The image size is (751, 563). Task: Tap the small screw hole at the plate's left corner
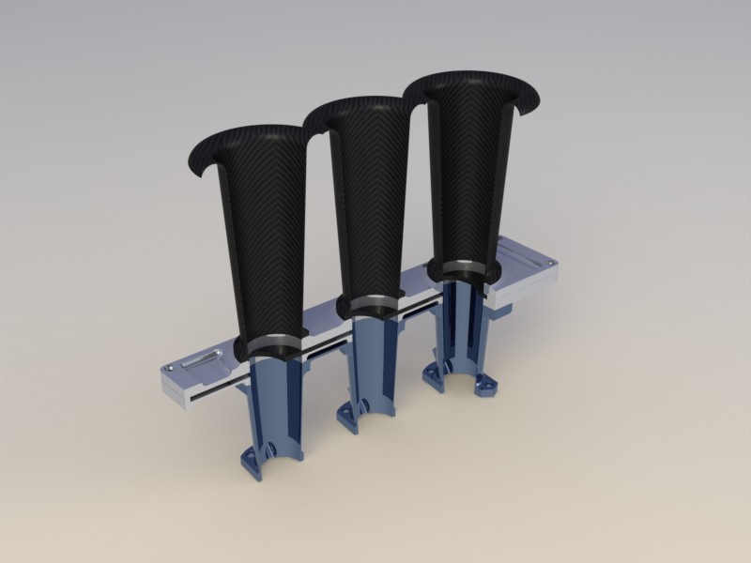tap(166, 373)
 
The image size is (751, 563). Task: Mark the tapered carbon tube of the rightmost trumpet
tap(465, 178)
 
